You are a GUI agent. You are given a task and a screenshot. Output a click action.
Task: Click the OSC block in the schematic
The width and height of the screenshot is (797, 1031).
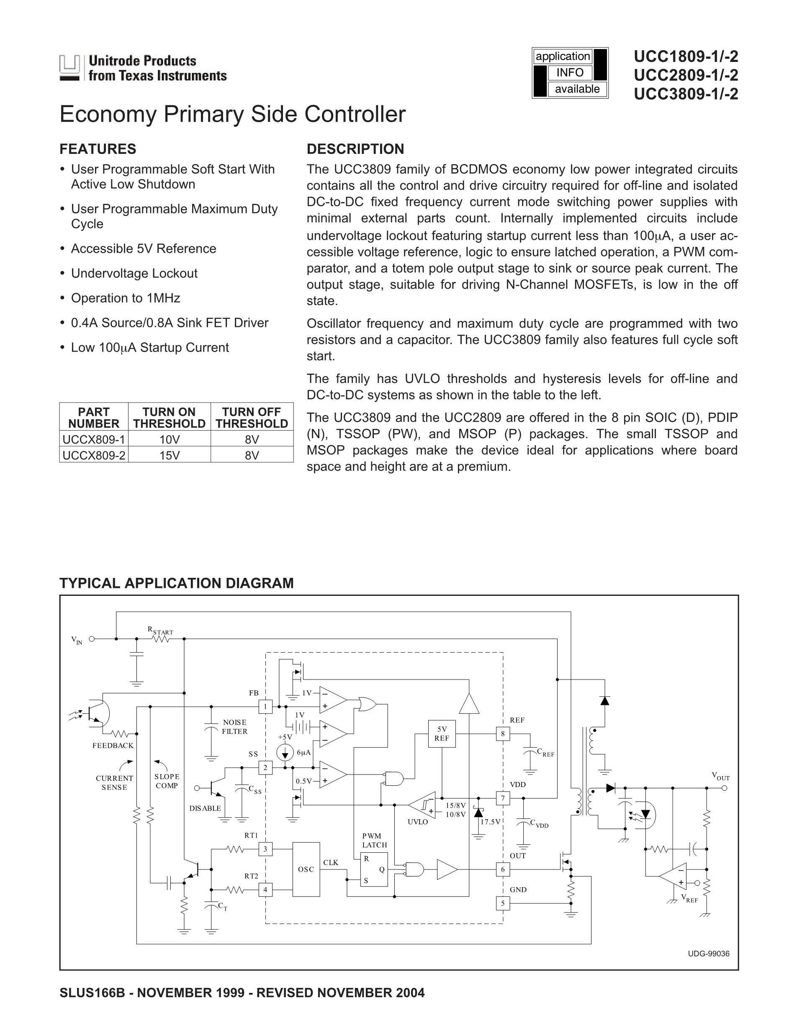(306, 869)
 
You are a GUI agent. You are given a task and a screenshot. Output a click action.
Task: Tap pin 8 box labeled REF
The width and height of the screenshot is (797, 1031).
(502, 733)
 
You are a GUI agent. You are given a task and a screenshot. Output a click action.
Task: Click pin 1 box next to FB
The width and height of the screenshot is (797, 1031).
(265, 706)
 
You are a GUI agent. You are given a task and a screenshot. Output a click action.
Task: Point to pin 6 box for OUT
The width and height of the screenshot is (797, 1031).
(502, 869)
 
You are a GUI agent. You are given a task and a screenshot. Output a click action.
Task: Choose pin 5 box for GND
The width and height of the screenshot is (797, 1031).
(502, 903)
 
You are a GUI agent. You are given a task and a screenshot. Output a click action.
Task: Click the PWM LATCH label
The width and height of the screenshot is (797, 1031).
(374, 840)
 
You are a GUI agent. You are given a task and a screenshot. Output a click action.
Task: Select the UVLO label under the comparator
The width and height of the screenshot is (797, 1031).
(417, 822)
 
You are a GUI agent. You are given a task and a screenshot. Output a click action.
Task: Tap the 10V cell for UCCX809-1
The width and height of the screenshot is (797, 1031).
(169, 439)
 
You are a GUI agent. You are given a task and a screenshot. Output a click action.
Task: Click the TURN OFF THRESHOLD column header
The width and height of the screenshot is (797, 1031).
(252, 417)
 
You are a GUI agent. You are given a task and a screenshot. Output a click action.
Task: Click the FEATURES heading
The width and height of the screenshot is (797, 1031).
(98, 149)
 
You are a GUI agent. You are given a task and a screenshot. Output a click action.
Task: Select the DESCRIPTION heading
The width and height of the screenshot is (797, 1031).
(355, 149)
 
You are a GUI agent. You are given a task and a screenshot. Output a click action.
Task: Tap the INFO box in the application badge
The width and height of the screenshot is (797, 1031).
(570, 72)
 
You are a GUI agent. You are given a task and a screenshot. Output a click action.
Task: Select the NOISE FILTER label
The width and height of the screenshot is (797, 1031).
(235, 726)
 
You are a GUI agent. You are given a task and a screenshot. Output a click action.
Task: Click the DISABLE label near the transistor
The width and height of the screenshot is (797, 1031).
(205, 808)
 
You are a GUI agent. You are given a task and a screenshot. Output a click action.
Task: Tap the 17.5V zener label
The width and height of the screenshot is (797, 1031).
(490, 822)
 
